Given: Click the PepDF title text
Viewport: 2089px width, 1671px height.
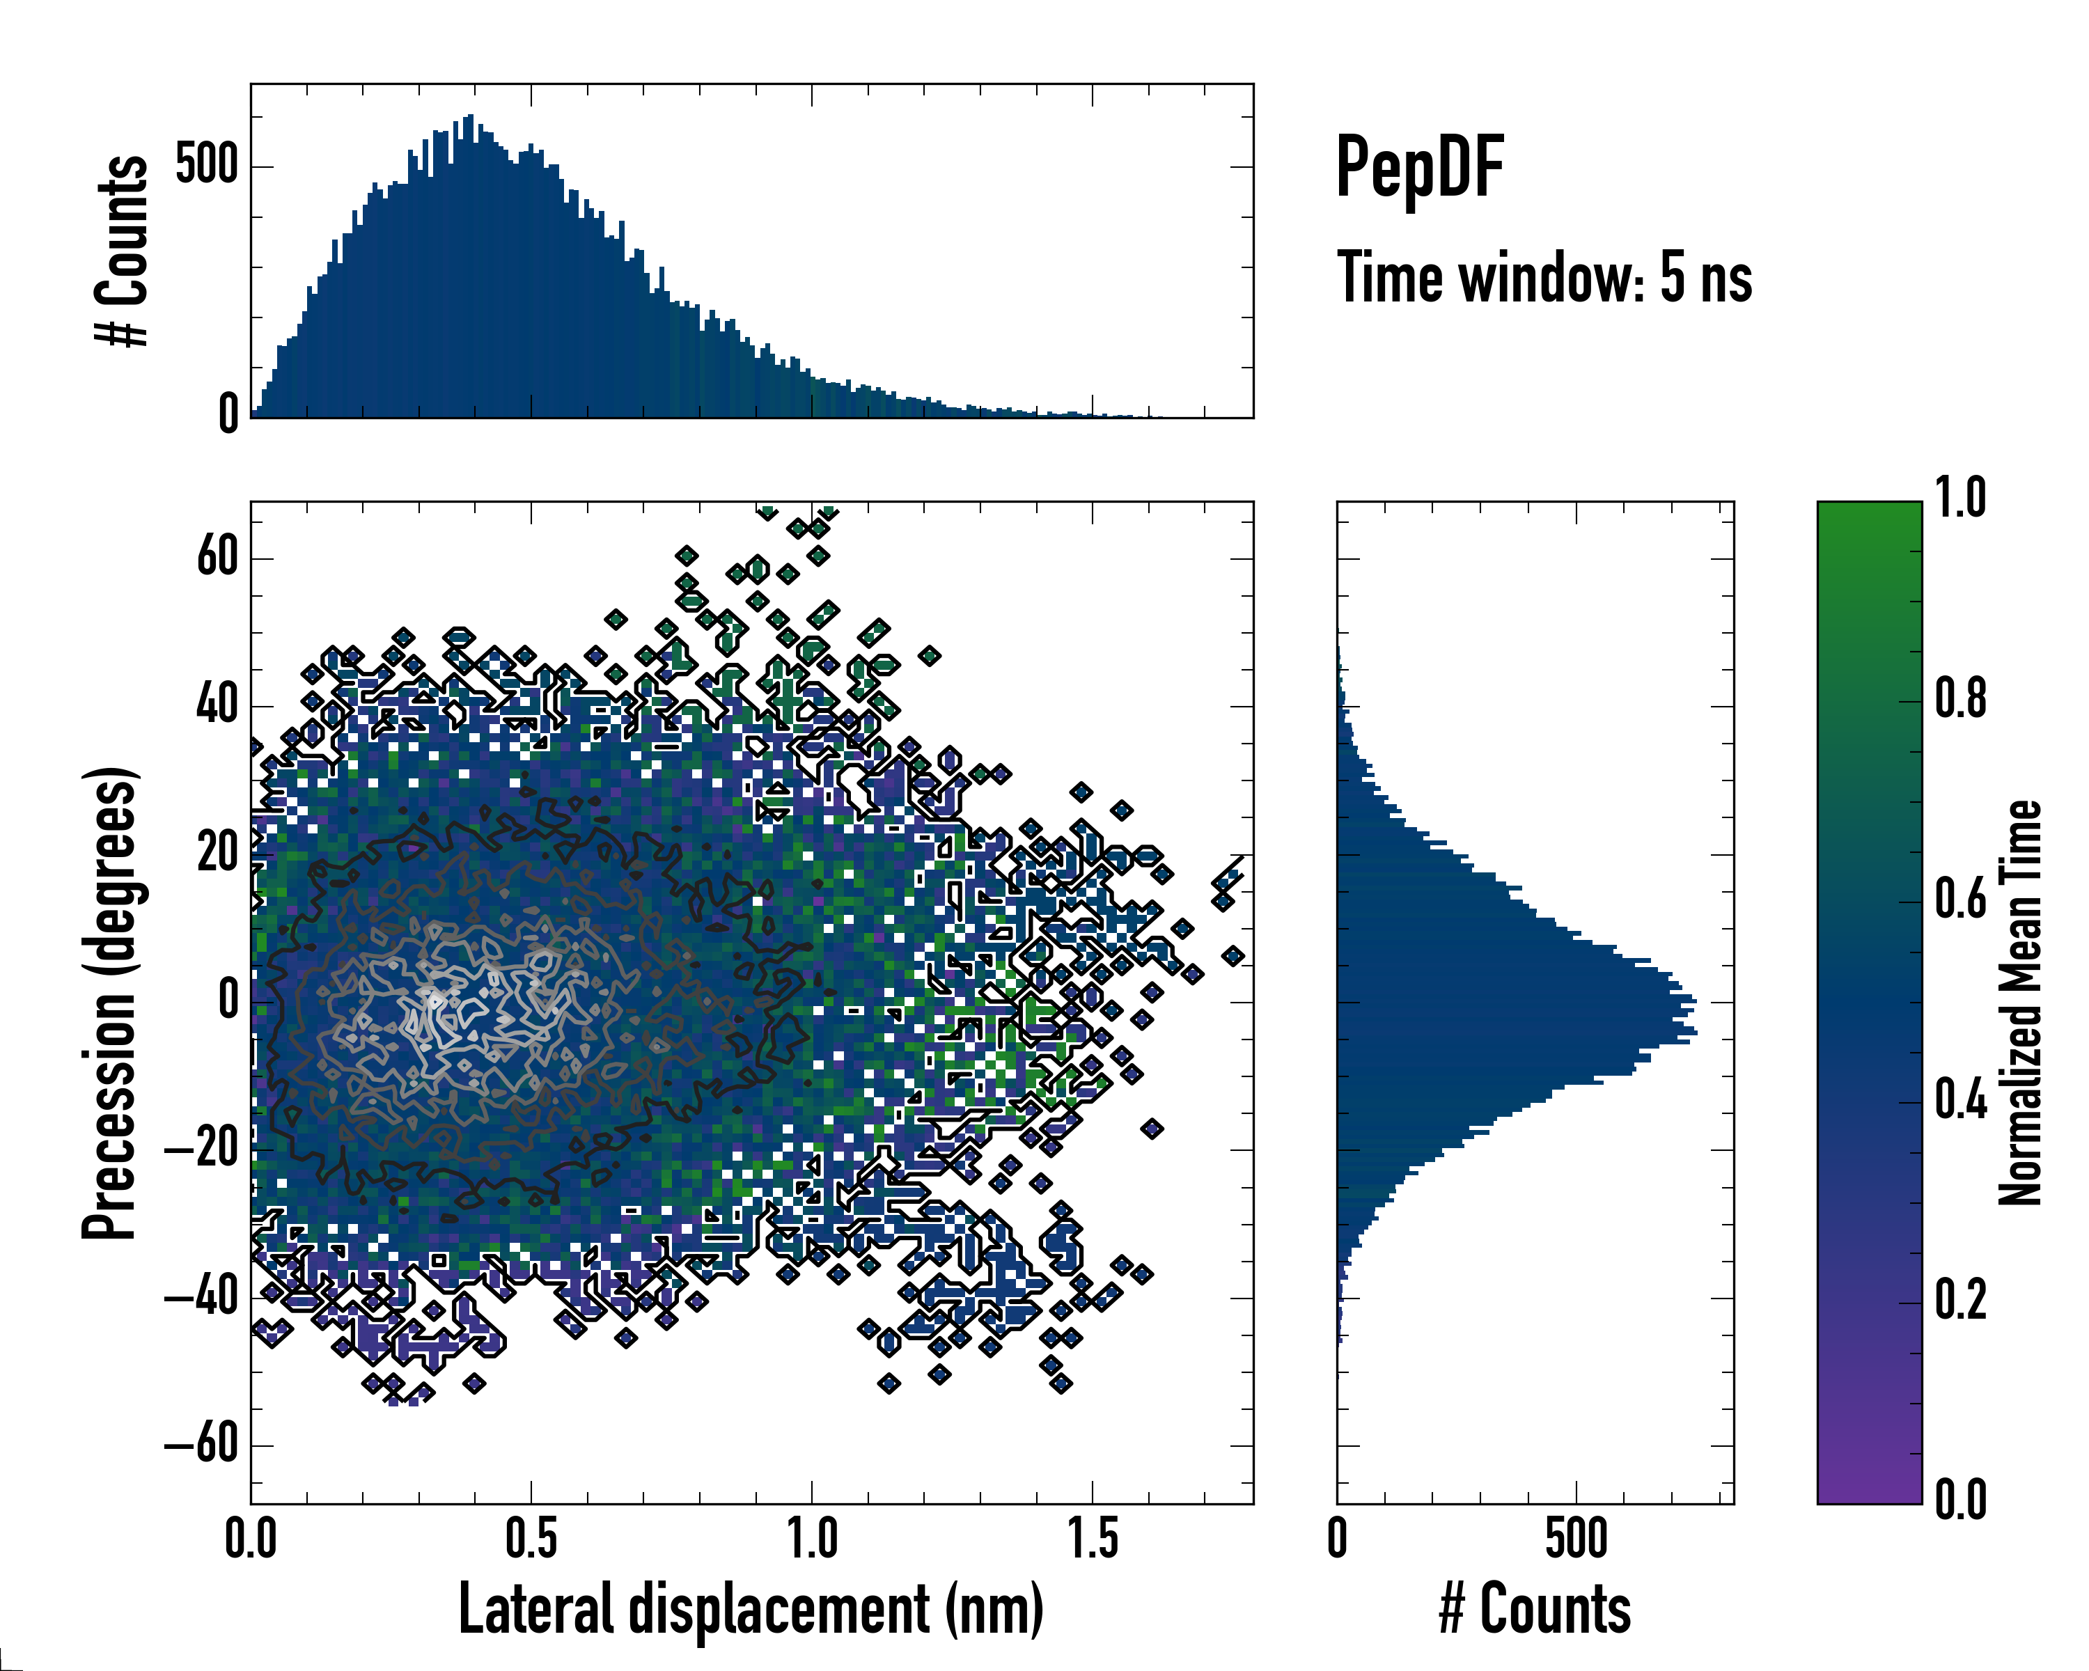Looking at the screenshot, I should coord(1419,168).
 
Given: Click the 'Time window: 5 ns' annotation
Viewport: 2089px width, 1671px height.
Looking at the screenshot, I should coord(1544,278).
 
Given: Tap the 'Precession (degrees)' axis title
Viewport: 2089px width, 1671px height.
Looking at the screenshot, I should coord(109,1003).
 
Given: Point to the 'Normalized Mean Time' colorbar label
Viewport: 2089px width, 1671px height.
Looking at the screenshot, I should coord(2020,1003).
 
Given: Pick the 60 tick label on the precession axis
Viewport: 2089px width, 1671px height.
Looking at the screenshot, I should coord(217,557).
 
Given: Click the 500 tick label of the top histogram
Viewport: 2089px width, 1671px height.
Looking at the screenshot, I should coord(206,166).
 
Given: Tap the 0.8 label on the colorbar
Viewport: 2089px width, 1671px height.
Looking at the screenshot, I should coord(1960,700).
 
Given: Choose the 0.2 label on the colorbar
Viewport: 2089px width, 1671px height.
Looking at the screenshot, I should coord(1960,1300).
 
